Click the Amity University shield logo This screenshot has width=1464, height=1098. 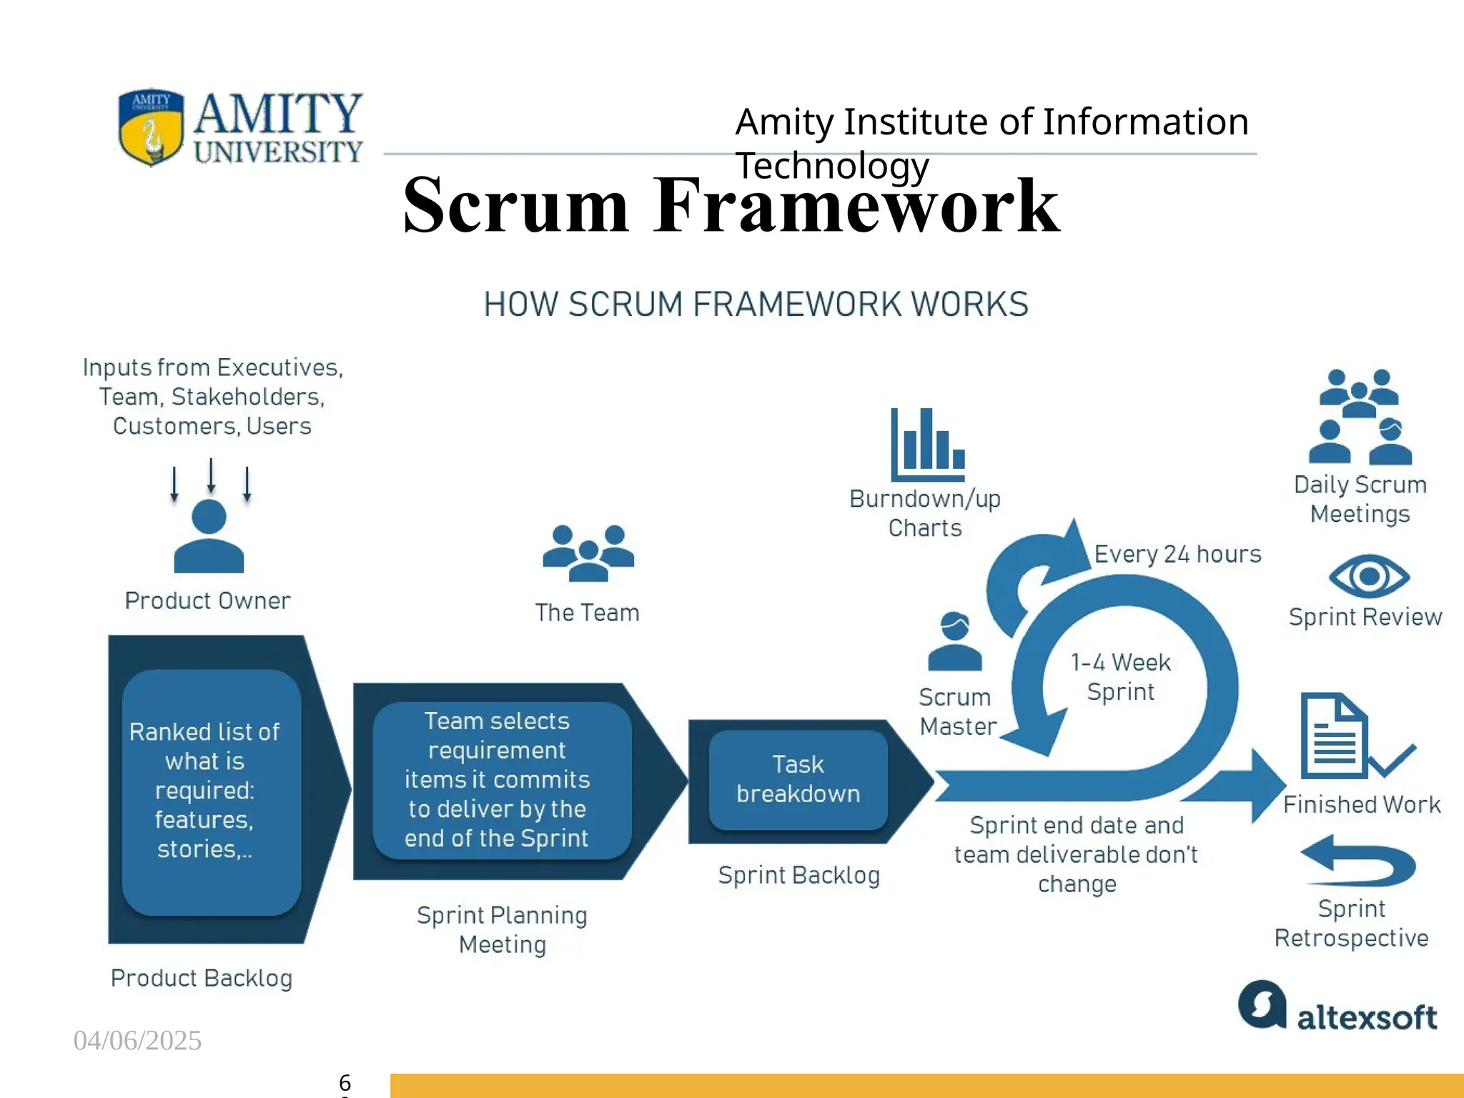(150, 127)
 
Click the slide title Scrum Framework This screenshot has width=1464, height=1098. (731, 206)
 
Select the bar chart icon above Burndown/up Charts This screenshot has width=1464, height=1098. (927, 445)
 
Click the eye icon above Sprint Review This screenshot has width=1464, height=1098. (1368, 576)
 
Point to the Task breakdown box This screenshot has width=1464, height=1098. (798, 779)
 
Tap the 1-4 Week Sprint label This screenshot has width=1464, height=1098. (1120, 677)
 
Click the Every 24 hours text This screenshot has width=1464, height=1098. (1177, 554)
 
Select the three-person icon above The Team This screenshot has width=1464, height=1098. (588, 552)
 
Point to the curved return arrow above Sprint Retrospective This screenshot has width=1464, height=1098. (1358, 862)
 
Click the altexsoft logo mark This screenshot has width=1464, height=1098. (1262, 1005)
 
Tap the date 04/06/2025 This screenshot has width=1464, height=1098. (137, 1041)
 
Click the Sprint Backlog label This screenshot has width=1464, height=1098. (798, 875)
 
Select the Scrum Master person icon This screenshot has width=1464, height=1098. (954, 641)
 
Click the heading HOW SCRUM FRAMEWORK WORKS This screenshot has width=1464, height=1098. (756, 305)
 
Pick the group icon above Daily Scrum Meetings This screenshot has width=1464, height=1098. (1360, 417)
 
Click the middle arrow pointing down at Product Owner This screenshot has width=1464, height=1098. (211, 476)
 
